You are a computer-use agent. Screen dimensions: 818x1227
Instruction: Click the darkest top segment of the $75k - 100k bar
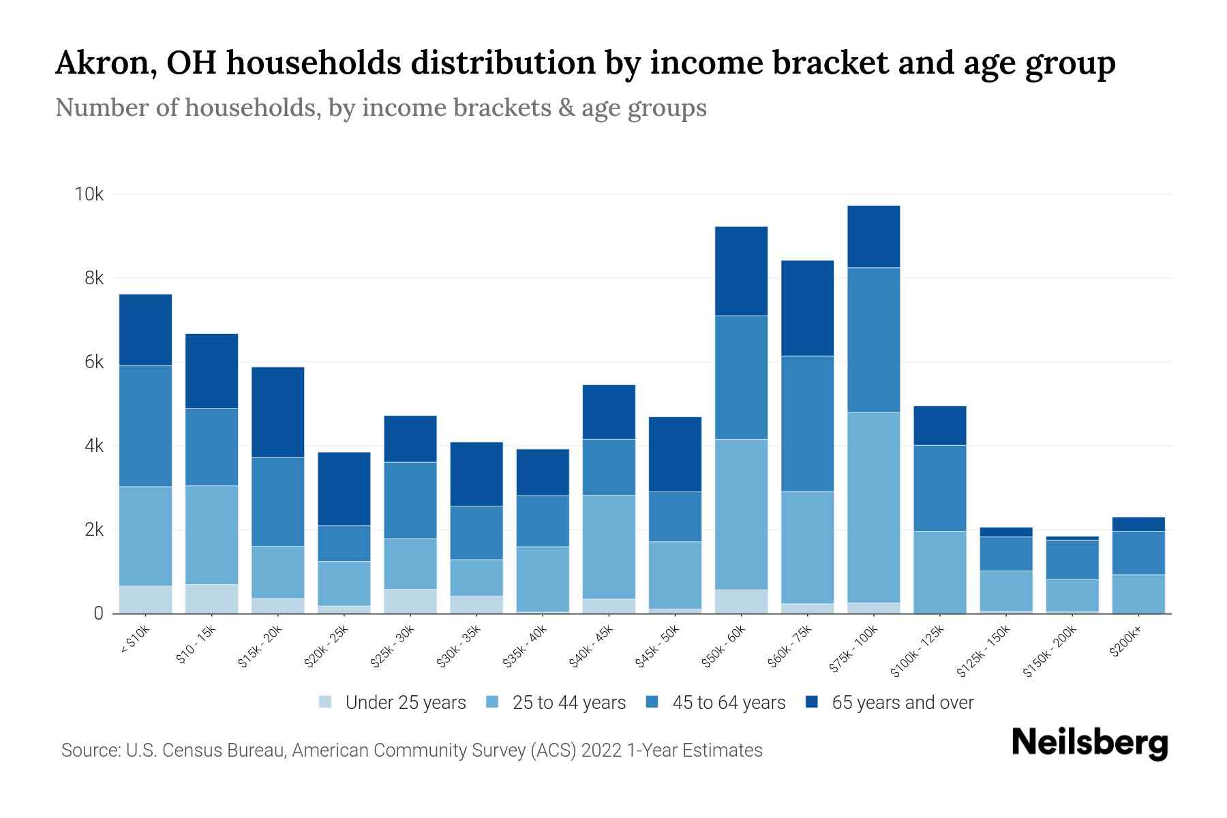click(873, 237)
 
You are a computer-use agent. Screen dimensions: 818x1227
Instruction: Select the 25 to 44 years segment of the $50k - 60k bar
click(741, 514)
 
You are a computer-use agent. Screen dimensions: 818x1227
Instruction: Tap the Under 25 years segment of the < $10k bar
click(145, 599)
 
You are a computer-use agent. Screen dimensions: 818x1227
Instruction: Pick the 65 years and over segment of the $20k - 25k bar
click(344, 488)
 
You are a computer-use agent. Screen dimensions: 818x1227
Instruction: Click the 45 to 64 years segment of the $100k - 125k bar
click(939, 488)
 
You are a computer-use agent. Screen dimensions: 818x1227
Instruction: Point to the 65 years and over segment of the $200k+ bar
click(1138, 524)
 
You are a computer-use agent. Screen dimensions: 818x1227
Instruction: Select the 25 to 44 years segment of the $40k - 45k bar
click(609, 547)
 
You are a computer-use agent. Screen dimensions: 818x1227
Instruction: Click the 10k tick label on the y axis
click(89, 195)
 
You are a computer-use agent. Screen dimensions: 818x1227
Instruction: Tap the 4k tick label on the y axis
click(93, 446)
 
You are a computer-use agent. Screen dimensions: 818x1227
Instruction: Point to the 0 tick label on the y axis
click(98, 613)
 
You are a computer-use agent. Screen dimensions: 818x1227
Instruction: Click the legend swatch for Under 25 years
click(326, 702)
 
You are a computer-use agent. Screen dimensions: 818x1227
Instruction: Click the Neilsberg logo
click(1089, 743)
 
